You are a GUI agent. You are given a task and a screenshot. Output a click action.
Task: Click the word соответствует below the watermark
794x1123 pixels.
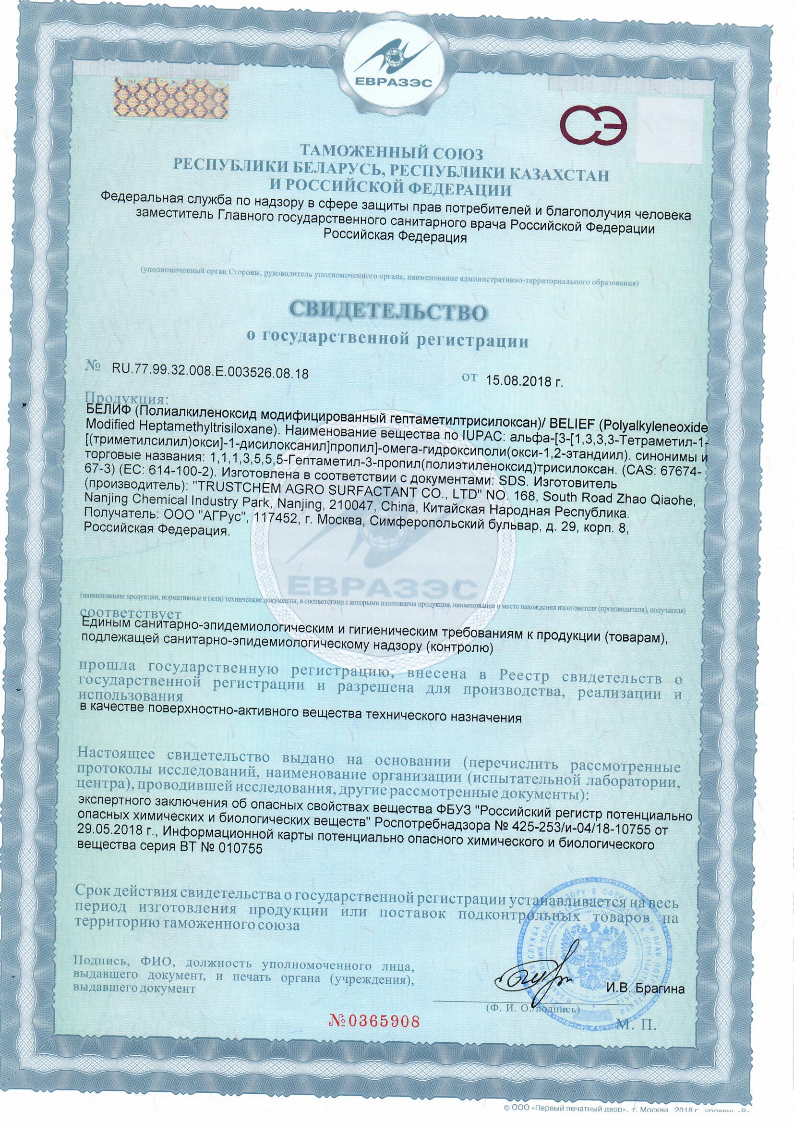point(130,614)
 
